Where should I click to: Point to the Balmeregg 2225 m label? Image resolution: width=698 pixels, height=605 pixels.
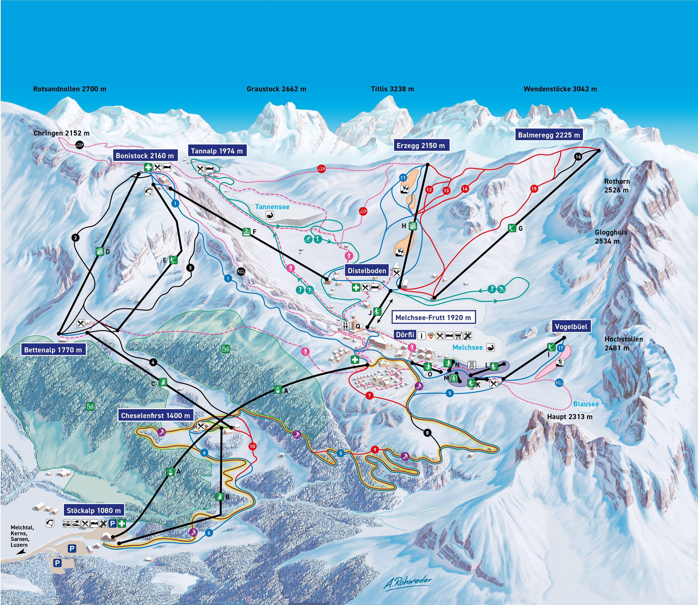point(549,135)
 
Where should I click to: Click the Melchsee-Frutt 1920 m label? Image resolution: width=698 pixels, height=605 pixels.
point(433,317)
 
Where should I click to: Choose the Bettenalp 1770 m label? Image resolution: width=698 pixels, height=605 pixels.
point(53,350)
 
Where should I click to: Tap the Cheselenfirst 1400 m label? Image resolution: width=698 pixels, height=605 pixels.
point(156,416)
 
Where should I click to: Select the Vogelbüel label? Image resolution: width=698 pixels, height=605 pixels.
point(571,326)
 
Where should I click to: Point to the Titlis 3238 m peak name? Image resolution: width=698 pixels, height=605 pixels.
point(392,89)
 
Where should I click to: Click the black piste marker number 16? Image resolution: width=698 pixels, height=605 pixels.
point(578,157)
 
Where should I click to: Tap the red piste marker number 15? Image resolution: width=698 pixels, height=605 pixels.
point(534,189)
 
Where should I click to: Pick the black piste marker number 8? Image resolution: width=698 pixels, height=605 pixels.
point(427,433)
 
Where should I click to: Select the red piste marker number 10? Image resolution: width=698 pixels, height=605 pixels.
point(252,446)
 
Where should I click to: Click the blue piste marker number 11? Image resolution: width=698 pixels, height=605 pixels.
point(403,178)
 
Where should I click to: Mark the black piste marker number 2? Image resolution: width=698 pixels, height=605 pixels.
point(76,238)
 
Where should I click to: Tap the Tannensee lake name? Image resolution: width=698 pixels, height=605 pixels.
point(272,207)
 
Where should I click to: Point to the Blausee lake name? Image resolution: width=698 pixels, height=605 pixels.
point(586,404)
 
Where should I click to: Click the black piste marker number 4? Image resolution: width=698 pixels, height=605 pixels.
point(153,363)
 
